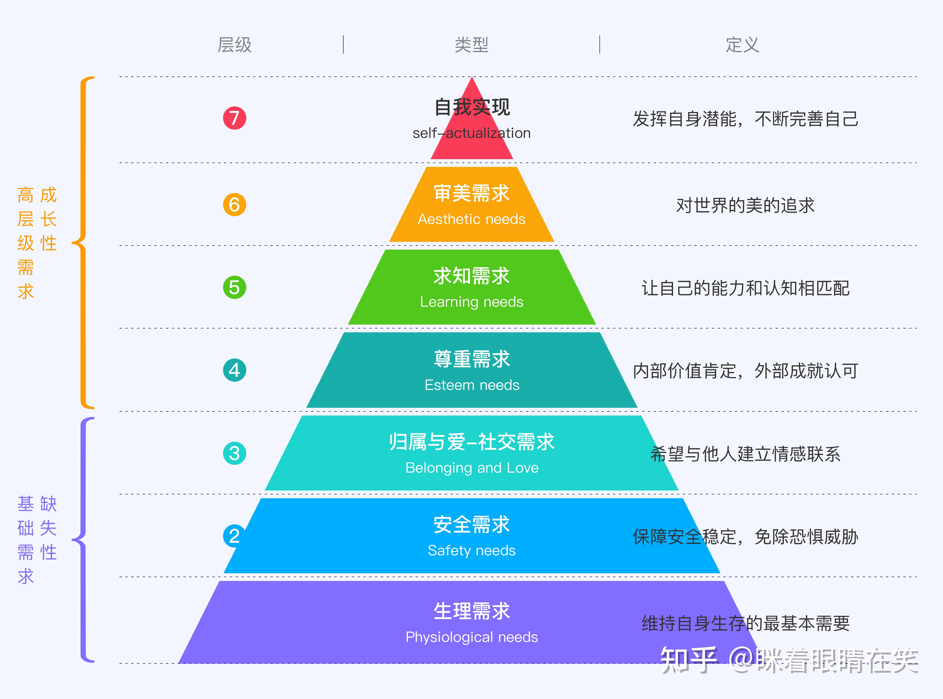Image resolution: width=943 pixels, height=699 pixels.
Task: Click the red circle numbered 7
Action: click(x=235, y=118)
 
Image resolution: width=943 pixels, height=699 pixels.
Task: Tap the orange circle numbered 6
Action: click(x=235, y=205)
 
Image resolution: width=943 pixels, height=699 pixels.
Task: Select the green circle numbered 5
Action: click(x=235, y=287)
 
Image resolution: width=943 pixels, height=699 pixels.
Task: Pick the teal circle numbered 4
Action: click(x=235, y=370)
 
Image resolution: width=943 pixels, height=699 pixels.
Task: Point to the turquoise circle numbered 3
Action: click(x=235, y=453)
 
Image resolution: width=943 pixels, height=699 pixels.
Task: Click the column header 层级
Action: click(x=235, y=45)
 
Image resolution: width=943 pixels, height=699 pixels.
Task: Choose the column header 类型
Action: click(x=472, y=45)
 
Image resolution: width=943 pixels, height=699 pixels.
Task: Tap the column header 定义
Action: click(x=742, y=45)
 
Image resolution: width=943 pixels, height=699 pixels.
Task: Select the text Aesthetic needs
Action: click(x=472, y=219)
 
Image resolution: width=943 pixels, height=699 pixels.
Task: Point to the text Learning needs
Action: click(x=472, y=302)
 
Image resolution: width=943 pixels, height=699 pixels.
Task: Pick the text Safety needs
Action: click(x=472, y=550)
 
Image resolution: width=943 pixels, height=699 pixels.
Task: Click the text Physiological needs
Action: click(x=472, y=637)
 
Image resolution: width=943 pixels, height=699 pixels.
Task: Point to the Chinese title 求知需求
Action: click(x=472, y=276)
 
